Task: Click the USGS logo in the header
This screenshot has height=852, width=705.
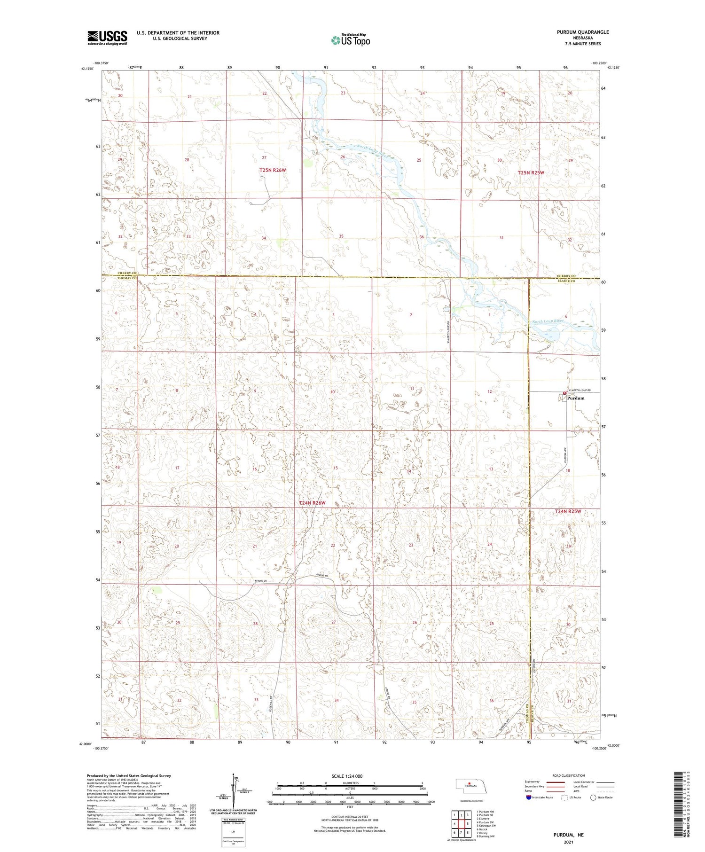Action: coord(107,38)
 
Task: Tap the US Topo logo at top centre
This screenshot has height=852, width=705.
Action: coord(350,40)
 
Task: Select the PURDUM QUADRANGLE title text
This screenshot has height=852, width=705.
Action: coord(582,32)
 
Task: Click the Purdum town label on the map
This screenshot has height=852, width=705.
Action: coord(576,398)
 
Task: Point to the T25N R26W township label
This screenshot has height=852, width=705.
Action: coord(273,170)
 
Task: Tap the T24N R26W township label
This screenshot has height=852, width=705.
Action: coord(312,503)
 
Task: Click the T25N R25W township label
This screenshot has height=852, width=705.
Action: coord(531,173)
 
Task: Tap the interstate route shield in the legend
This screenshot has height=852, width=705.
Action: coord(529,797)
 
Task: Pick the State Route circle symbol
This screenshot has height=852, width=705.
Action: coord(593,797)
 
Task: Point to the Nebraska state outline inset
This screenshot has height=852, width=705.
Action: coord(469,786)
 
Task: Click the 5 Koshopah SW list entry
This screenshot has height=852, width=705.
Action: coord(486,826)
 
